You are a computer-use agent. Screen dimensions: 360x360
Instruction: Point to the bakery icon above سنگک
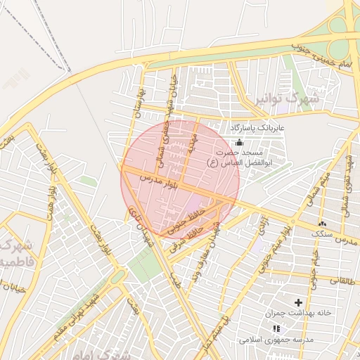322,224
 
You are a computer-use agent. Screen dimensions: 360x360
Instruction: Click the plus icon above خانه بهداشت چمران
298,302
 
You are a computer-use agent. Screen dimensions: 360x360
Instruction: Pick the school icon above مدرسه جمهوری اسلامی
276,328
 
